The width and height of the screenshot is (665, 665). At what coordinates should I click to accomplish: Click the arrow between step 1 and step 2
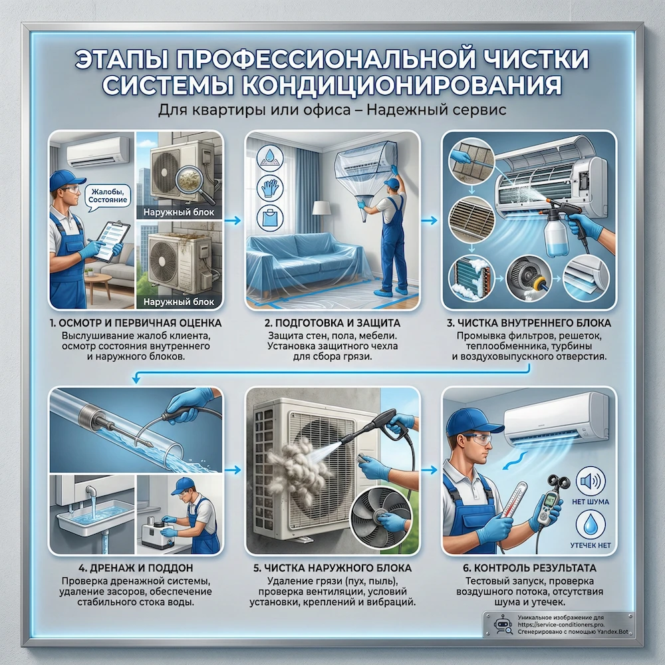233,217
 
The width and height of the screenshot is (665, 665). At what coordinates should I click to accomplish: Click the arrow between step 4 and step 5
233,469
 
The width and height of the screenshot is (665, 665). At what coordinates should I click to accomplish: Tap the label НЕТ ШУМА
594,501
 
